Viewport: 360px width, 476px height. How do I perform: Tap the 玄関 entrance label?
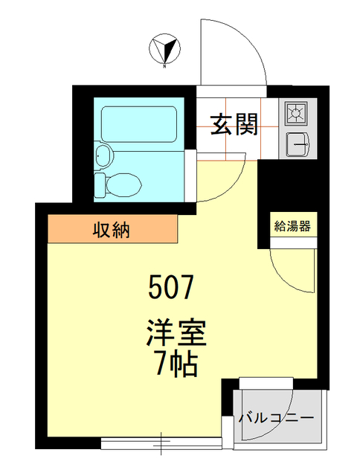[x=234, y=125]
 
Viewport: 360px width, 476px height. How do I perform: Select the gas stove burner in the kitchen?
[x=295, y=113]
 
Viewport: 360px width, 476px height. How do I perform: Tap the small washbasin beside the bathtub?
[x=103, y=156]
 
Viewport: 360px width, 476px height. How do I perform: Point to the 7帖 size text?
[x=175, y=364]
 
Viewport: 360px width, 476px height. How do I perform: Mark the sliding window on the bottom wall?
[x=161, y=443]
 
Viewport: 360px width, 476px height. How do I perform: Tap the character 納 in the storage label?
[x=121, y=230]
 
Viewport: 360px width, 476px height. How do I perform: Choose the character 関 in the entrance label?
[x=245, y=125]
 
